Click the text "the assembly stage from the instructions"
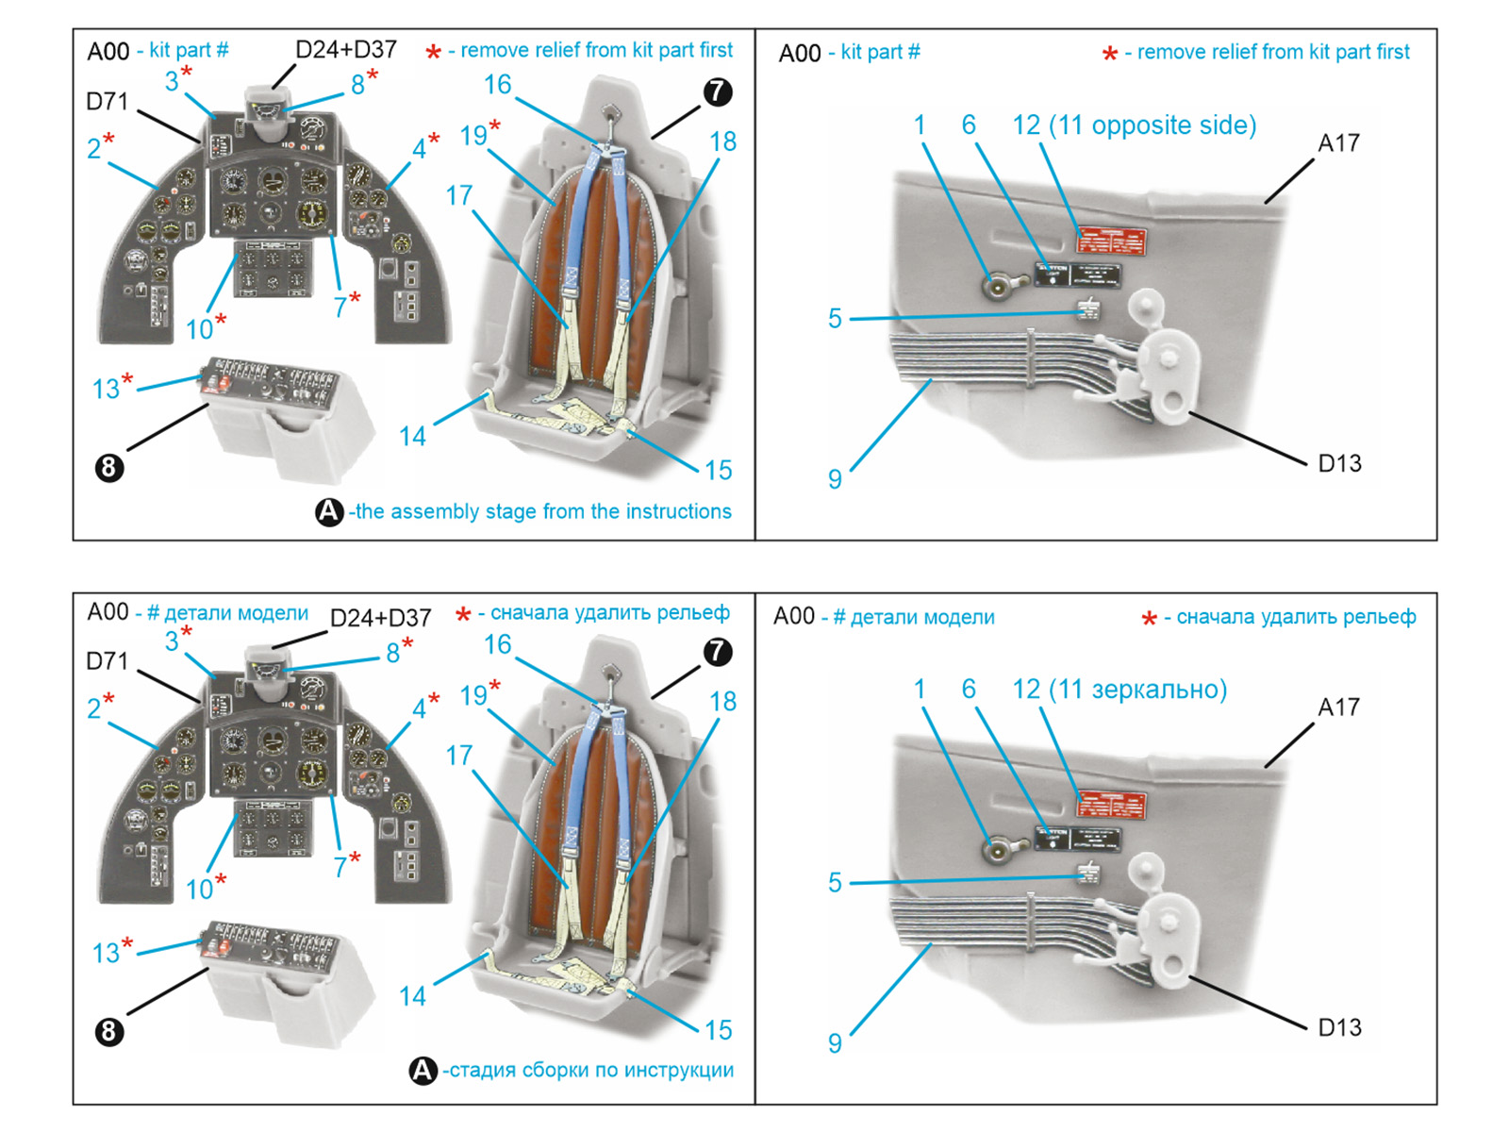point(542,511)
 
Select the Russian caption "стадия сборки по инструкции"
point(590,1070)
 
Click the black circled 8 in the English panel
point(109,467)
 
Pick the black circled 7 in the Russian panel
point(718,651)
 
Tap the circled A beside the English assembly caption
point(329,511)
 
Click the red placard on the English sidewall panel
point(1112,241)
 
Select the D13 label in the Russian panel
point(1339,1027)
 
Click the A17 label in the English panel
point(1338,143)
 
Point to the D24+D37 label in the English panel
point(346,49)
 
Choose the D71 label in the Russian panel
point(107,661)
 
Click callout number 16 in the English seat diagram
point(498,85)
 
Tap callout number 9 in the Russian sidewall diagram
point(835,1042)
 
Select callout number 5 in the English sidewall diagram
point(835,319)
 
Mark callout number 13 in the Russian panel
point(106,953)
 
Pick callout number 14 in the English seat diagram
point(412,436)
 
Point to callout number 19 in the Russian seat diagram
point(473,695)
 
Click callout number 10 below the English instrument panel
point(200,329)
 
